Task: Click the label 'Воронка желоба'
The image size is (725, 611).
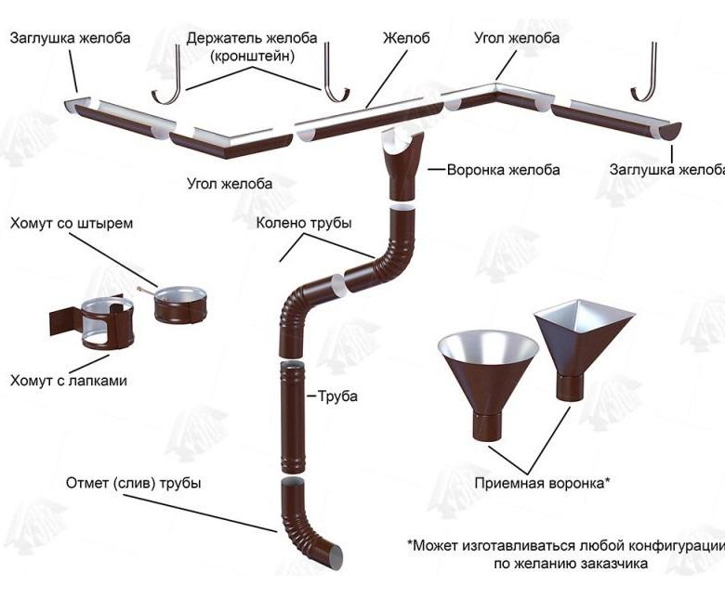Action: [503, 170]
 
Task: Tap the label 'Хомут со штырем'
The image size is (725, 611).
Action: [72, 224]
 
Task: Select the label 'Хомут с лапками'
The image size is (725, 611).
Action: [69, 380]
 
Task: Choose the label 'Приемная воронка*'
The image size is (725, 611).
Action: [542, 484]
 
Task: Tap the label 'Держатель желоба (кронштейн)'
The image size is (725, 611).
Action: [252, 46]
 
